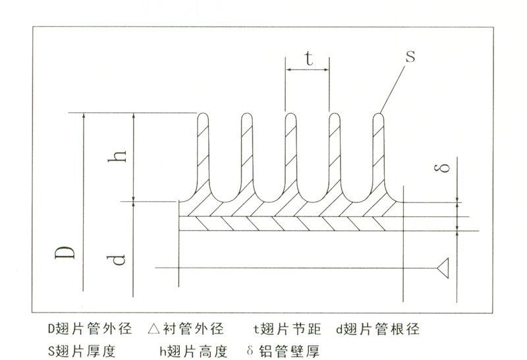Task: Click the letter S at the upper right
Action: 409,56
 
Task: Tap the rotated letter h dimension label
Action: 119,157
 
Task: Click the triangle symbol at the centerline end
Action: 443,267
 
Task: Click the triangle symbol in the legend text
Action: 153,328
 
